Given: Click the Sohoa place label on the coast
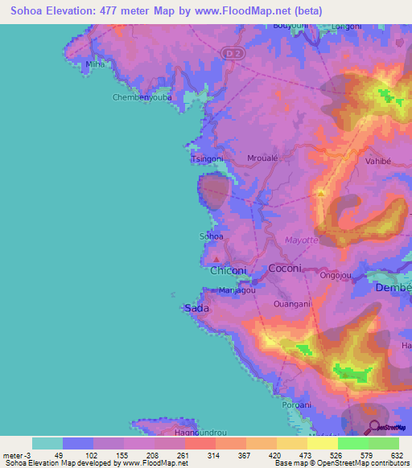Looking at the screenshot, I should [x=211, y=236].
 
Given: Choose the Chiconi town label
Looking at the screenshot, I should [x=229, y=271].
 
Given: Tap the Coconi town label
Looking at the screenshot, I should [x=284, y=269].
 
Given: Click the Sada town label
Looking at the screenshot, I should [x=197, y=308].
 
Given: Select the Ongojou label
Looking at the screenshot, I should [x=336, y=275].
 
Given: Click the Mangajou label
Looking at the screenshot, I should [x=238, y=290].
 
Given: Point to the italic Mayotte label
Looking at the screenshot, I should [x=303, y=240].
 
